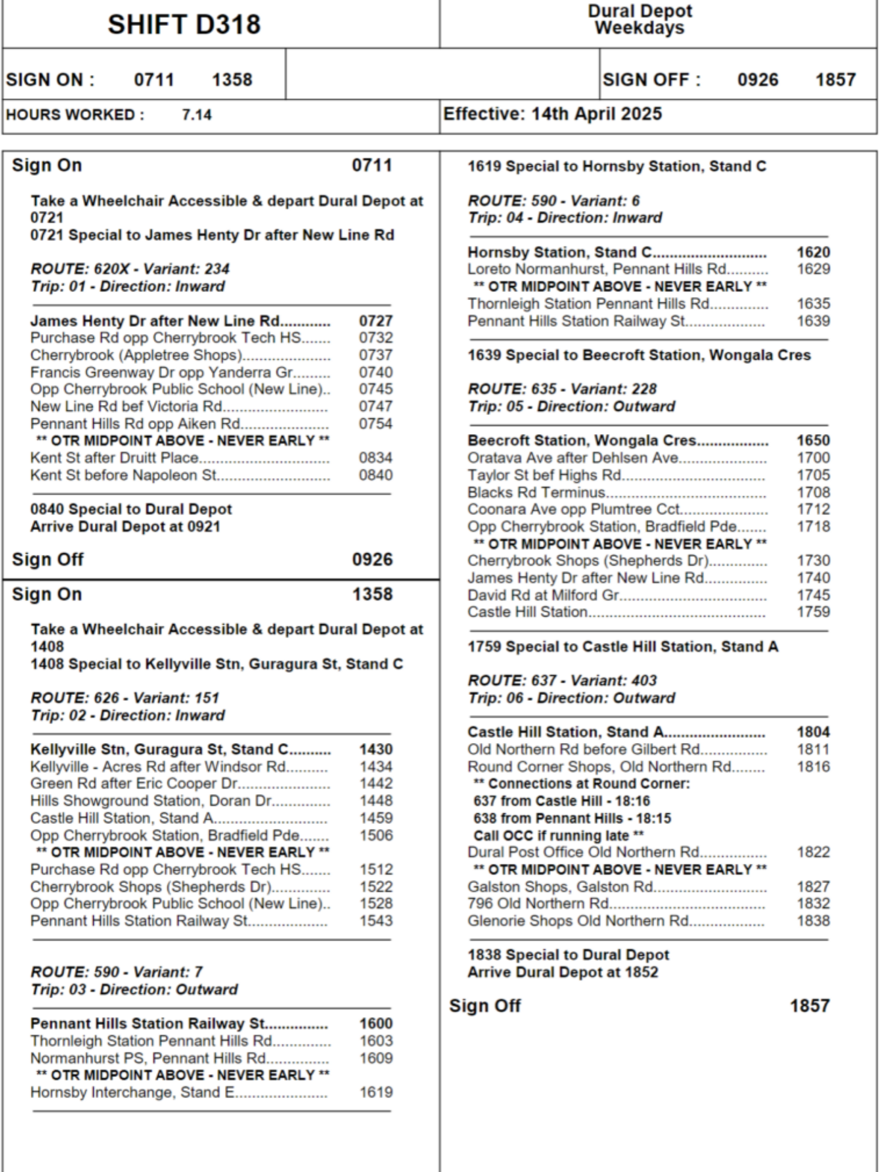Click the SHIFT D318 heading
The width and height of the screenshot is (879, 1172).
[184, 25]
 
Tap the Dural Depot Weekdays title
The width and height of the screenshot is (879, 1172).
[639, 19]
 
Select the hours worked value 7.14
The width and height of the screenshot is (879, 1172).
[196, 115]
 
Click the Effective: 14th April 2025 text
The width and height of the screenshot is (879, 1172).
[552, 114]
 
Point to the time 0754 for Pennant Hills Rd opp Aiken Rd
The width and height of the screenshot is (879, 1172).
[376, 424]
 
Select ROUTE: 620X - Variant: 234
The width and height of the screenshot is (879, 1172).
[130, 269]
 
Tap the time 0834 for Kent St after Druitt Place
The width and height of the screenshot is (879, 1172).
[376, 458]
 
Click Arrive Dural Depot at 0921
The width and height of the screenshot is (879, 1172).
[125, 526]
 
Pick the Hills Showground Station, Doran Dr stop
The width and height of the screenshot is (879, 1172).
[152, 800]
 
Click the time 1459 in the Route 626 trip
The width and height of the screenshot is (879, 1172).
[376, 818]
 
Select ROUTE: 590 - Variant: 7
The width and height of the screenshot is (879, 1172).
[117, 972]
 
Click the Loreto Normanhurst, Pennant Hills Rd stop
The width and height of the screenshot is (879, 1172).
[597, 269]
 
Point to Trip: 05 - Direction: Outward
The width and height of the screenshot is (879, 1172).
[571, 406]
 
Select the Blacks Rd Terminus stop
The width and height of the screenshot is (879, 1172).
[536, 492]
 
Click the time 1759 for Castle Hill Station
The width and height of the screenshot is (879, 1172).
[813, 612]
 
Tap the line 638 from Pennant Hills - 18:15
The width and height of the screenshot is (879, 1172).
[572, 818]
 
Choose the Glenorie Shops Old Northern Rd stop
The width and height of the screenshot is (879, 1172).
[578, 921]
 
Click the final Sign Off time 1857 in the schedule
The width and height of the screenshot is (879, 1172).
[809, 1006]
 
